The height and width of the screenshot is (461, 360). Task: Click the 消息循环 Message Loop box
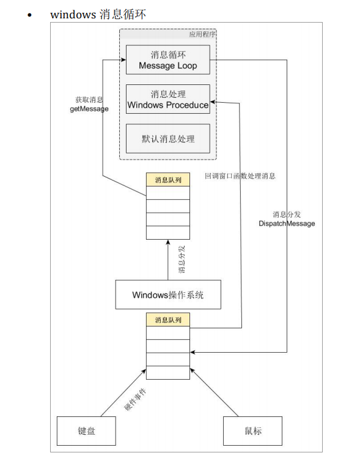168,60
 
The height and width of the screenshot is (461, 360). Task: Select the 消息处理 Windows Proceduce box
168,99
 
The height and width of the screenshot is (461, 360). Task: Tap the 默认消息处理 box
168,139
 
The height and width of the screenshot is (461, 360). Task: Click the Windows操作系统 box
168,295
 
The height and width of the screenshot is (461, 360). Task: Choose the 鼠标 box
252,431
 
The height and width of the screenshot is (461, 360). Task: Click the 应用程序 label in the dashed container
202,35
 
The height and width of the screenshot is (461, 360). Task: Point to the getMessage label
89,108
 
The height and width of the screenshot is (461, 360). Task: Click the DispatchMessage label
287,223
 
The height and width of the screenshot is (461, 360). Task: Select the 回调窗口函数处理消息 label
239,176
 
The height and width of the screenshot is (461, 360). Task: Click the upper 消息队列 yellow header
168,180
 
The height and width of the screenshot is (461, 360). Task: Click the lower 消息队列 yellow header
168,320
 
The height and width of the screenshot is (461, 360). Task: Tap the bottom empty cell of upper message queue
168,233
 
